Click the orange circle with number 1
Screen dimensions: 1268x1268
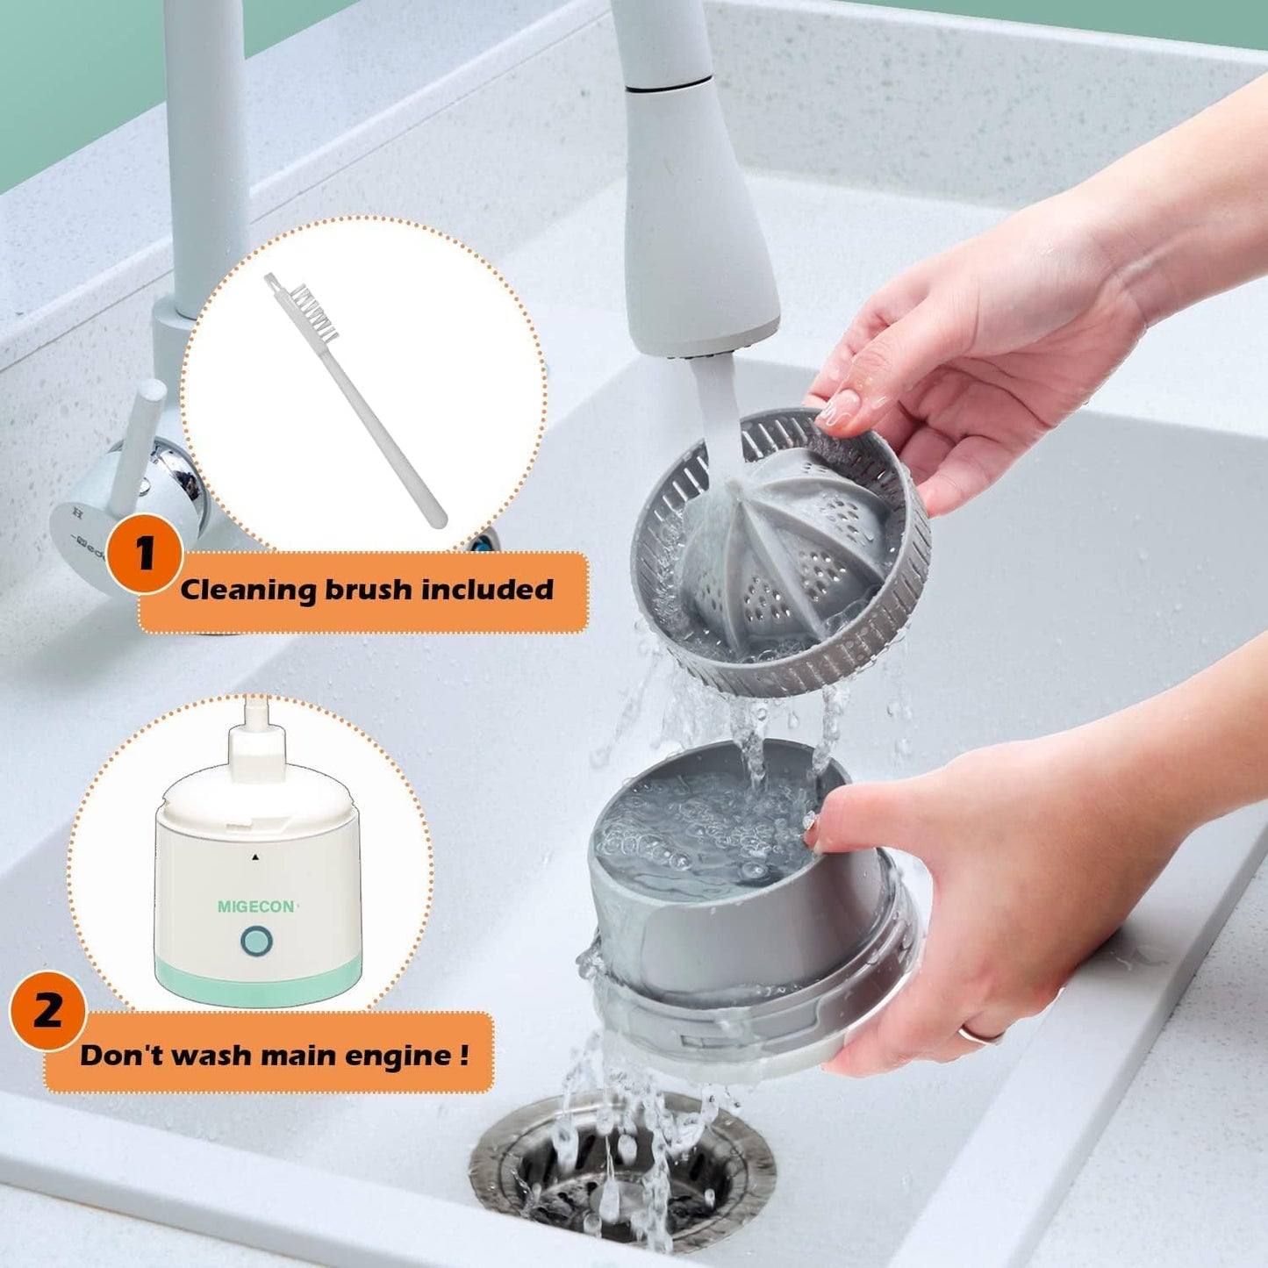pos(144,554)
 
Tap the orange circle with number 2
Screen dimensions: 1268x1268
pos(47,1013)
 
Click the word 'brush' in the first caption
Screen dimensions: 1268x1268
pos(369,590)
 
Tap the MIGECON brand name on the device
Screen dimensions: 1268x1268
pos(255,906)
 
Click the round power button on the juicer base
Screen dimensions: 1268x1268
pos(256,942)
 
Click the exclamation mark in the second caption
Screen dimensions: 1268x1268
pos(462,1053)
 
